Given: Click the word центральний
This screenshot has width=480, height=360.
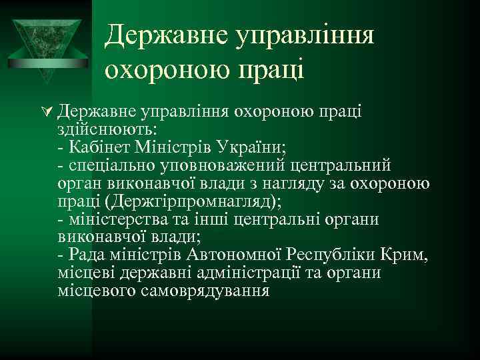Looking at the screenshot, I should pyautogui.click(x=341, y=165).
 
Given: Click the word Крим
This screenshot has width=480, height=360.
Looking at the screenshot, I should pyautogui.click(x=404, y=255).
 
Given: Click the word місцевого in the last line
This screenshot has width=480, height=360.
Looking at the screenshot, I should pyautogui.click(x=97, y=291).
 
